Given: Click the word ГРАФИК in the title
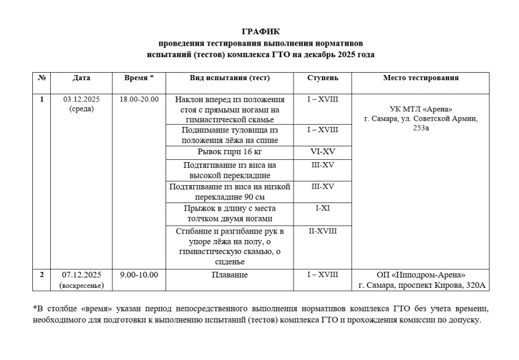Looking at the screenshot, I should (x=260, y=31).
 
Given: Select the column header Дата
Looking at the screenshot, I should (x=81, y=78).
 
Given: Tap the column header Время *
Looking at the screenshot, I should (x=139, y=78).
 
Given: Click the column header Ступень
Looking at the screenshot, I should (x=322, y=78).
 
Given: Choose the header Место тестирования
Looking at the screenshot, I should (x=420, y=78).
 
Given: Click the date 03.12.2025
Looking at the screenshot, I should (x=81, y=99).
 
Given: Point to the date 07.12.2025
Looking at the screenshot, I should (x=81, y=275).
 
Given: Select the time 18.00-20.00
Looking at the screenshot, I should (x=139, y=99).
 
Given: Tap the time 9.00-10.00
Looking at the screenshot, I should (x=139, y=275).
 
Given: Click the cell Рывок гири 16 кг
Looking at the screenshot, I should (x=230, y=152).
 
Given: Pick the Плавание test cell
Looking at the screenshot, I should (x=230, y=275).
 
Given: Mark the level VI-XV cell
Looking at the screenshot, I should (x=322, y=152).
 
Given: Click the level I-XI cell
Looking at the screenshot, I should (x=322, y=208).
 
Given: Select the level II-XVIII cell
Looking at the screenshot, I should (x=322, y=231).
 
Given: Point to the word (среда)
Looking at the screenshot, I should (x=81, y=108).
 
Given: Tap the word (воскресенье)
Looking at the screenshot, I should (x=81, y=285).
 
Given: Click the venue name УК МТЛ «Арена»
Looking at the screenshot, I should (x=420, y=110).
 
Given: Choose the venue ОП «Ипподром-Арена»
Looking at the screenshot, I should (x=420, y=275).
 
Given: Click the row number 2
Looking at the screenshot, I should (x=42, y=275).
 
